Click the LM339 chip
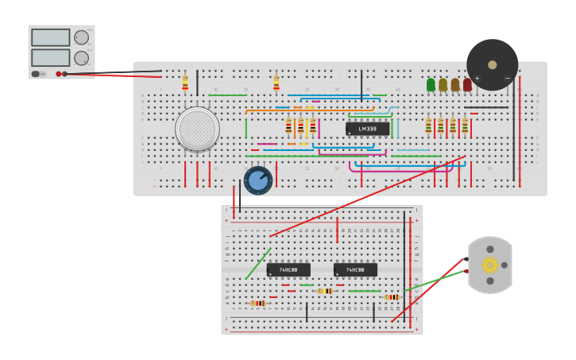tap(367, 129)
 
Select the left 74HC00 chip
tap(288, 270)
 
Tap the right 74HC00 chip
tap(355, 270)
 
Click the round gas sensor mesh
tap(197, 129)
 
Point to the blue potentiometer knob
tap(258, 180)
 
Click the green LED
tap(431, 84)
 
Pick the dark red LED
tap(467, 84)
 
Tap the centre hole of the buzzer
tap(493, 65)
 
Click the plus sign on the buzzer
tap(477, 79)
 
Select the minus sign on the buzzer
tap(508, 79)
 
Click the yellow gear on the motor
tap(490, 265)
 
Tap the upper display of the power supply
tap(50, 37)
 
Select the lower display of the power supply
tap(50, 57)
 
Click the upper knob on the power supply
tap(81, 37)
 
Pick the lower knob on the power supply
tap(81, 58)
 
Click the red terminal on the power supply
tap(59, 74)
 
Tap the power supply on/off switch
tap(36, 74)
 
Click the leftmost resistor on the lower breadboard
tap(258, 304)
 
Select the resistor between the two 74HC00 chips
tap(325, 291)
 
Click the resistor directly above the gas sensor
tap(185, 83)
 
